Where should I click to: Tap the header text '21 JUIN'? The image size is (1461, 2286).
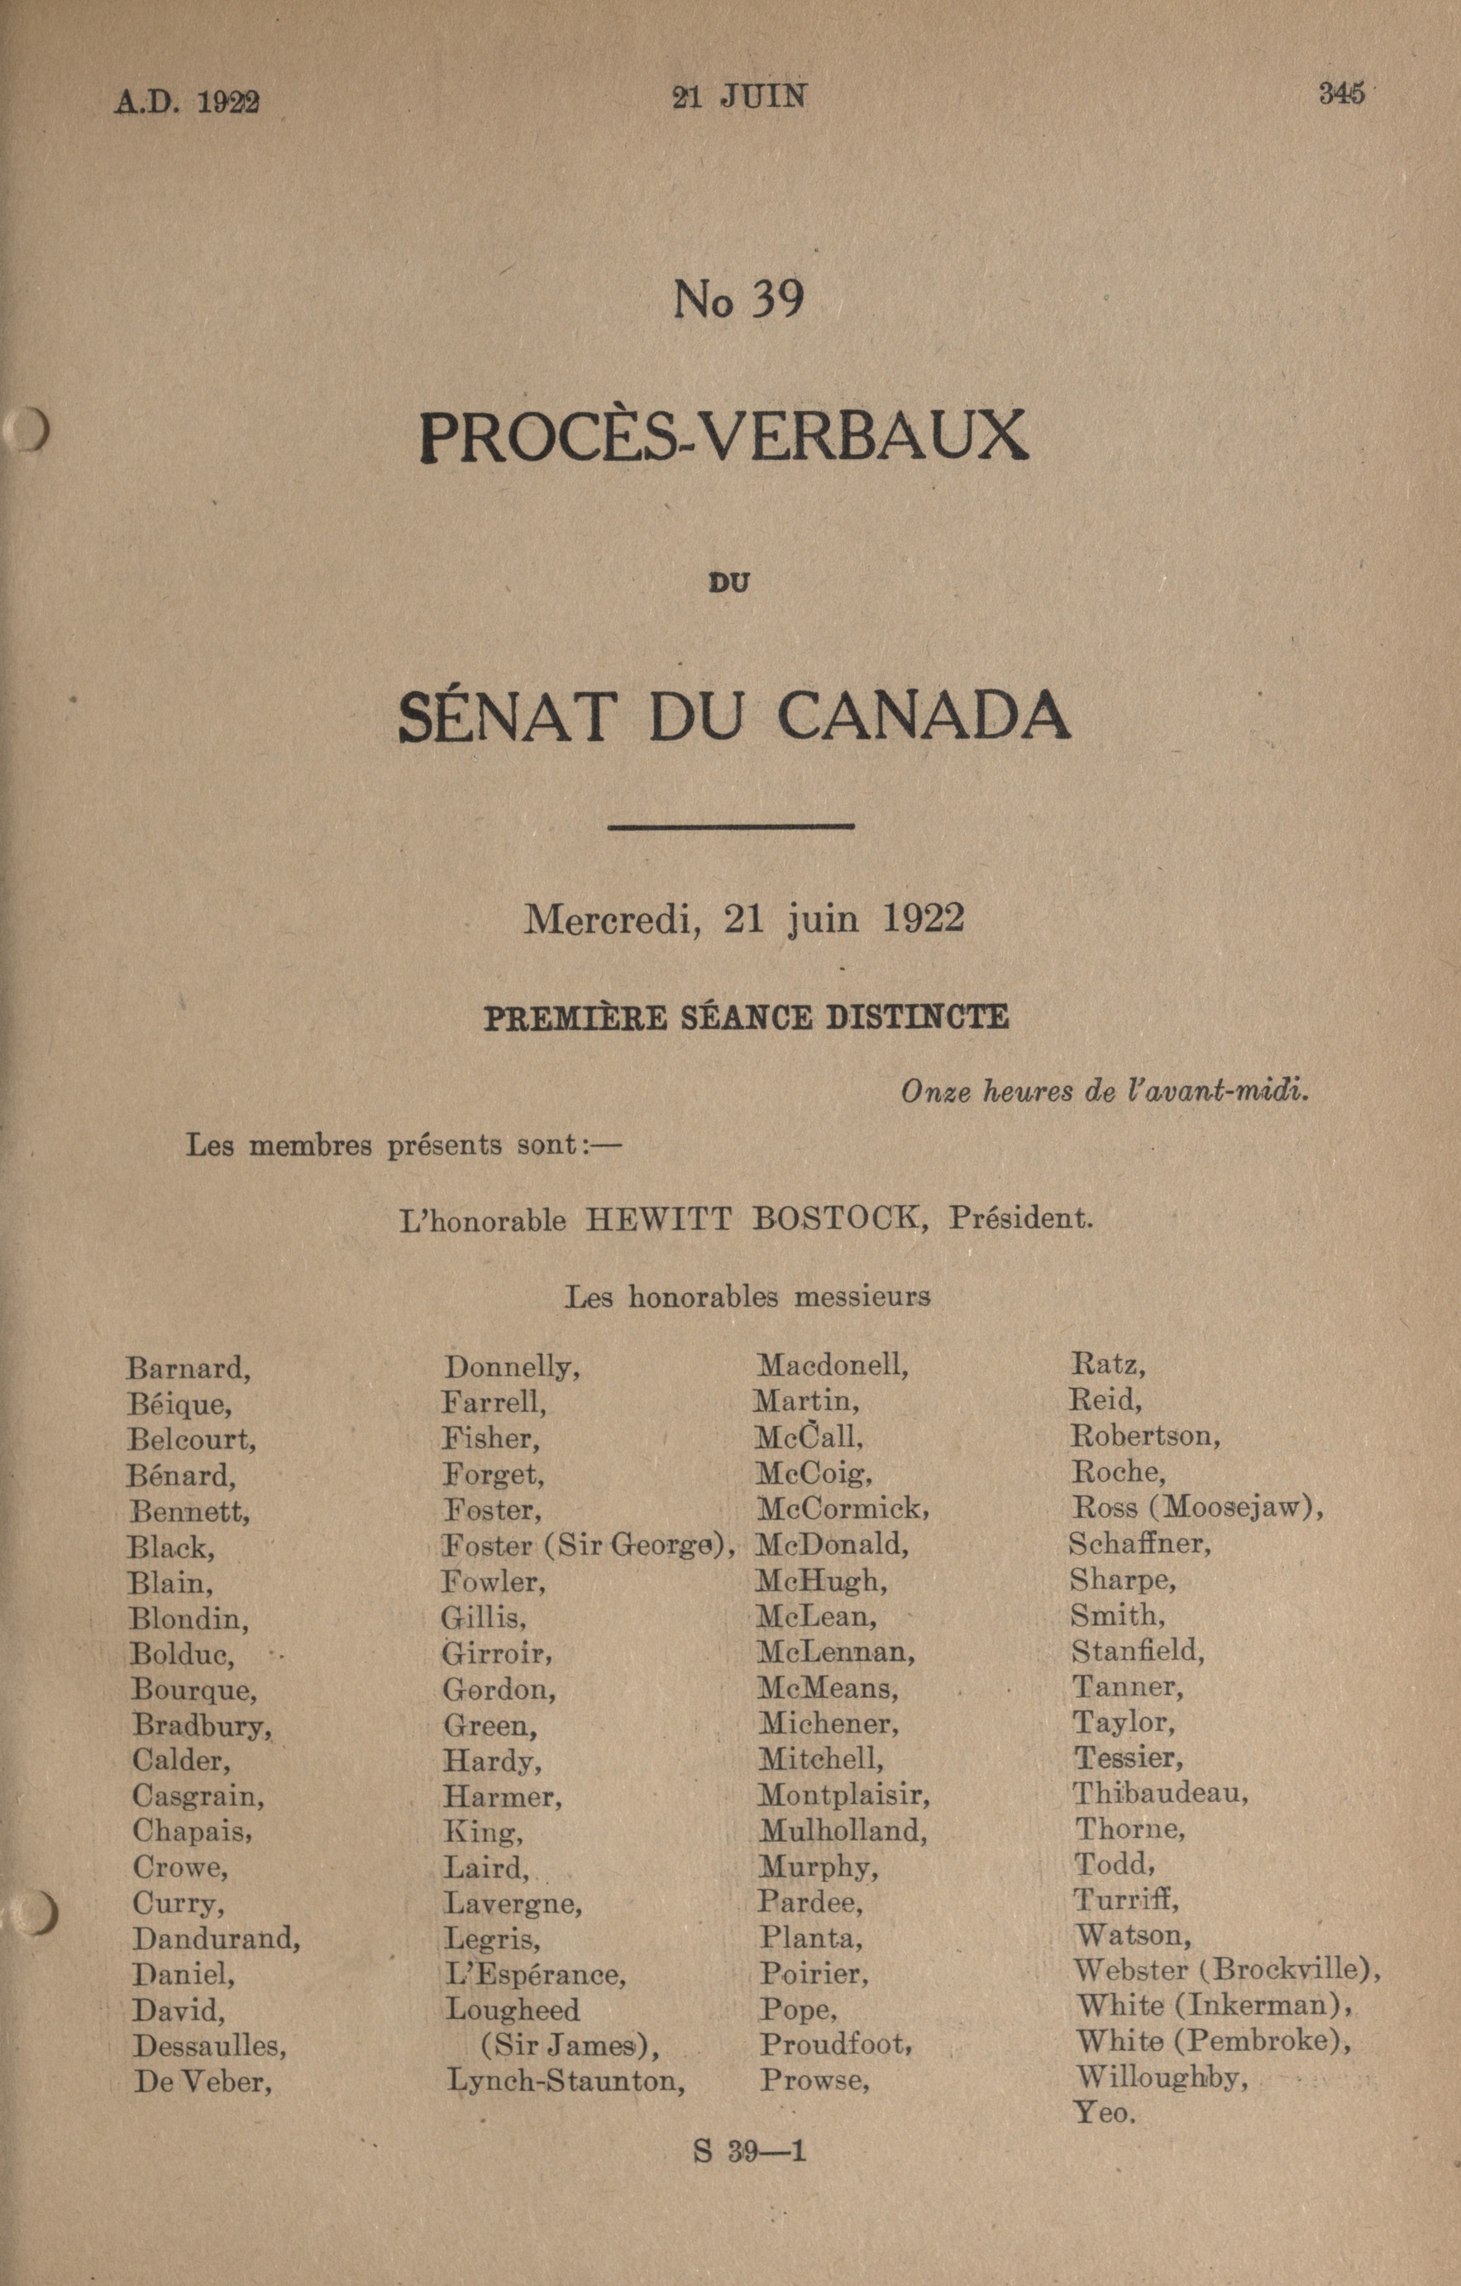click(x=739, y=97)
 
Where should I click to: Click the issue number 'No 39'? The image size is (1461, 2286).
click(x=738, y=300)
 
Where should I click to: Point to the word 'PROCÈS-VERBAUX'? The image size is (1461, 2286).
click(x=723, y=437)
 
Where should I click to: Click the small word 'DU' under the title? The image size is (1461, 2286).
click(x=729, y=582)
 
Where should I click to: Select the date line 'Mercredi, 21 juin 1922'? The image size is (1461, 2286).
click(x=744, y=919)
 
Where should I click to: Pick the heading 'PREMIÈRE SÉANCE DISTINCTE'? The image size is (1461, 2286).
click(x=746, y=1017)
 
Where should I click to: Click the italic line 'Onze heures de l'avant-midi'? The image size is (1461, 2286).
click(x=1105, y=1092)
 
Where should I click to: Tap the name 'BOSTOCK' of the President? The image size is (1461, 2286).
click(x=839, y=1218)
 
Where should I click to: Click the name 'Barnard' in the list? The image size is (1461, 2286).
click(x=188, y=1369)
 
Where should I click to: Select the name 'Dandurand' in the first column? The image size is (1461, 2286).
click(x=217, y=1939)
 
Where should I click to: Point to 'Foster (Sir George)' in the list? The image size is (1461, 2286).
click(x=589, y=1547)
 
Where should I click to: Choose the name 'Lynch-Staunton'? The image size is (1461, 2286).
click(x=566, y=2082)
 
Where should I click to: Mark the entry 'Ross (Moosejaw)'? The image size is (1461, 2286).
click(x=1197, y=1507)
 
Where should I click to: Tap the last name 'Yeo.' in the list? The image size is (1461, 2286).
click(x=1104, y=2113)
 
